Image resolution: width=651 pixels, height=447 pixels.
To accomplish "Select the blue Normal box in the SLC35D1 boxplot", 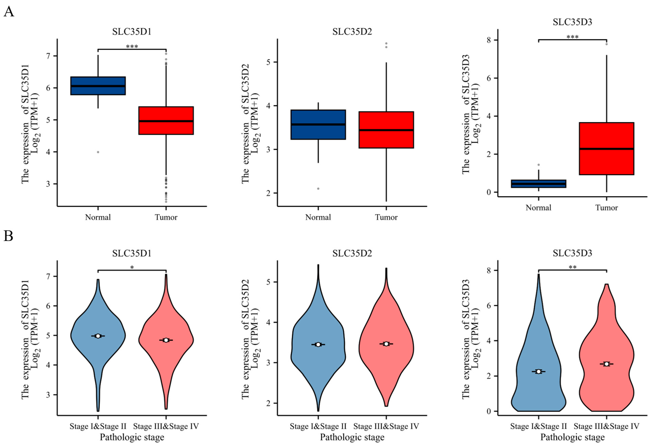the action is (x=98, y=86).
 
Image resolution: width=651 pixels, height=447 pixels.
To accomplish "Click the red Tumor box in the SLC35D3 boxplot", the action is (x=607, y=149).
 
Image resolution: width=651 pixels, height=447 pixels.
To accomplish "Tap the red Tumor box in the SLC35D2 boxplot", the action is (x=386, y=130).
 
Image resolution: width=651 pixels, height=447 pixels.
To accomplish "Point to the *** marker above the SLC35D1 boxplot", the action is (x=132, y=46).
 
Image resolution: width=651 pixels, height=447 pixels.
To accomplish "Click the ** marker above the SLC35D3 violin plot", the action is (x=573, y=267).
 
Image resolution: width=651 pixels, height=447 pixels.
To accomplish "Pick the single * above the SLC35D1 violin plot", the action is (x=132, y=267).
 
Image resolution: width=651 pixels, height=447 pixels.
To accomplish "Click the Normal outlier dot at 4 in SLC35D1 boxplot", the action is (x=98, y=152).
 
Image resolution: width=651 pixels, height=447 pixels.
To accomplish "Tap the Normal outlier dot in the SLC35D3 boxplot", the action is (x=538, y=165).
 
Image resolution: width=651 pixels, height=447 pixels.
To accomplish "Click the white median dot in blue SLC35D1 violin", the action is (x=98, y=336).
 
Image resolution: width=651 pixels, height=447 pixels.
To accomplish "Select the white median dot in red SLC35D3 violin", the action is (x=607, y=364).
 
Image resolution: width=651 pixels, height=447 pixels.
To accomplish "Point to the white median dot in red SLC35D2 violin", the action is (x=386, y=344).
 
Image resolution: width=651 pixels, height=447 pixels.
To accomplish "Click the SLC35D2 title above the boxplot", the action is (x=352, y=32).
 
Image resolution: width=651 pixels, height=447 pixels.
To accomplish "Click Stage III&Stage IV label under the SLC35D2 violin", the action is (x=386, y=427).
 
